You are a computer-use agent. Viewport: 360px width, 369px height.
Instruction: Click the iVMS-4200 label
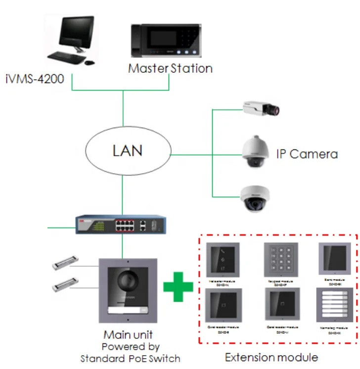[x=35, y=78]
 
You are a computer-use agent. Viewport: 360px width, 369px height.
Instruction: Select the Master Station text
[x=170, y=68]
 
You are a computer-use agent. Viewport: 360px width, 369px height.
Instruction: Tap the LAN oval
[x=128, y=150]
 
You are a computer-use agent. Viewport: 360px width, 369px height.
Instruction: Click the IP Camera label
[x=307, y=154]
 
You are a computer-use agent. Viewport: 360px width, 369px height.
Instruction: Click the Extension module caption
[x=271, y=357]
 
